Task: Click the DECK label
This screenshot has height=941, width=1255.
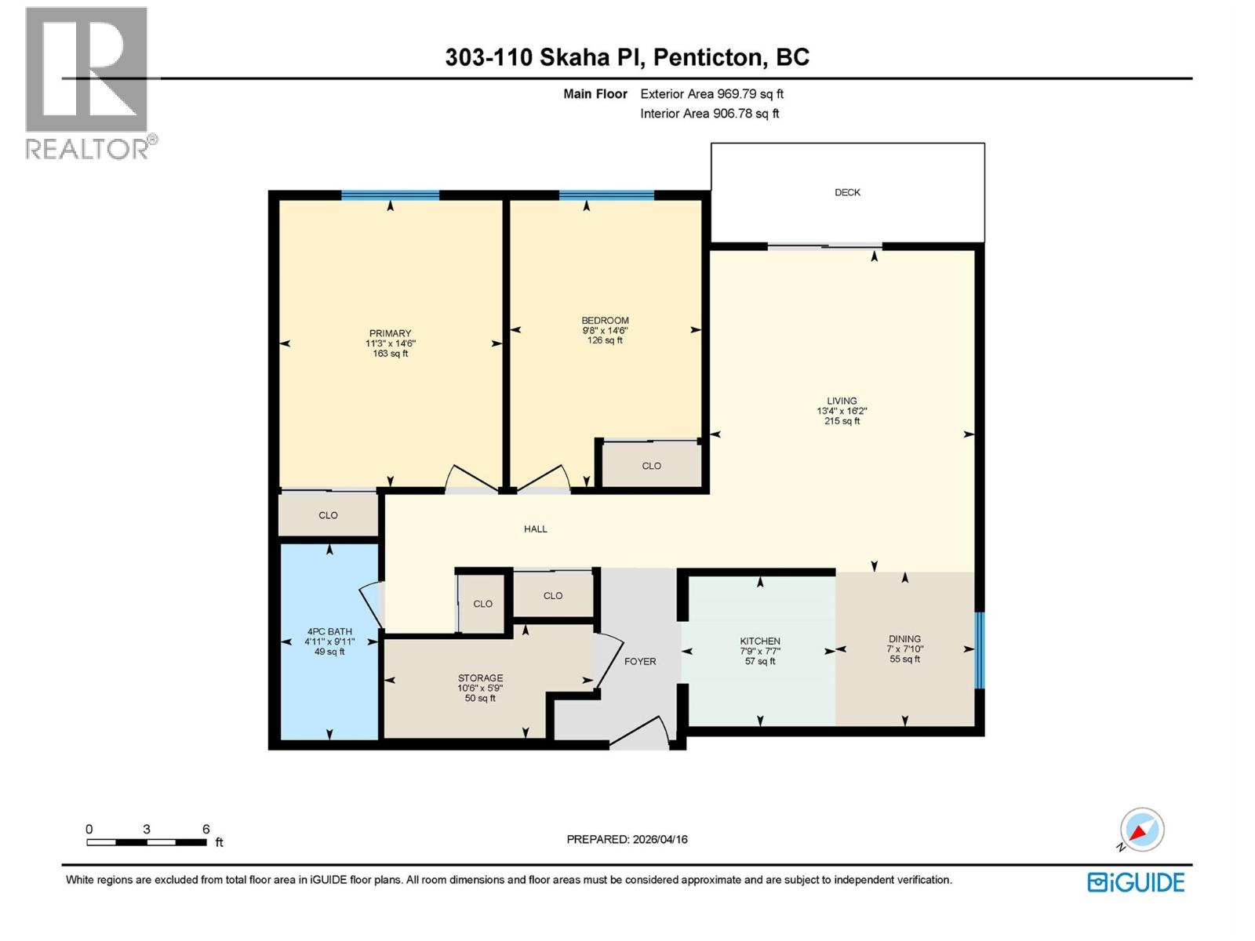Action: (x=847, y=192)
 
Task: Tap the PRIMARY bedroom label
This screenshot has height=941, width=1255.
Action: (x=390, y=333)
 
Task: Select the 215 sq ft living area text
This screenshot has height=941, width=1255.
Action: (x=842, y=421)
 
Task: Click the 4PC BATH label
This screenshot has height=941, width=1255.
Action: (x=329, y=631)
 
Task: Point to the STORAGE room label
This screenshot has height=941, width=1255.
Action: (x=480, y=678)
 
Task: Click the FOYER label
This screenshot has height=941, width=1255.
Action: (x=640, y=661)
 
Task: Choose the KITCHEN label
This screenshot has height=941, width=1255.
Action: (x=759, y=641)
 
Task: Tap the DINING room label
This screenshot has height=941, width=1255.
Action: (x=904, y=639)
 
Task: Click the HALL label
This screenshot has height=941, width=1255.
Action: (x=536, y=529)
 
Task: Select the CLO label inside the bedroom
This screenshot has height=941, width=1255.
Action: (x=651, y=466)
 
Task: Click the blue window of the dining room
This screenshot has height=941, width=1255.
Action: (x=979, y=650)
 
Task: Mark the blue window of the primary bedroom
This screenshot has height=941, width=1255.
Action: (x=390, y=195)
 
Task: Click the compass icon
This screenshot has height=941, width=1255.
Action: (x=1141, y=830)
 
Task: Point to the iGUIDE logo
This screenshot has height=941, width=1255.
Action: (x=1136, y=882)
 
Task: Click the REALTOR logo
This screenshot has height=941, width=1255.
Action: (x=88, y=82)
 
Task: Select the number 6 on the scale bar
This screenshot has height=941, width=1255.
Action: (x=206, y=829)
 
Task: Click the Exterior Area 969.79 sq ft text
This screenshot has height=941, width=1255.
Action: (x=711, y=94)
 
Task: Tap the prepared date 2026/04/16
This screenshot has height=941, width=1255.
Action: (x=659, y=839)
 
